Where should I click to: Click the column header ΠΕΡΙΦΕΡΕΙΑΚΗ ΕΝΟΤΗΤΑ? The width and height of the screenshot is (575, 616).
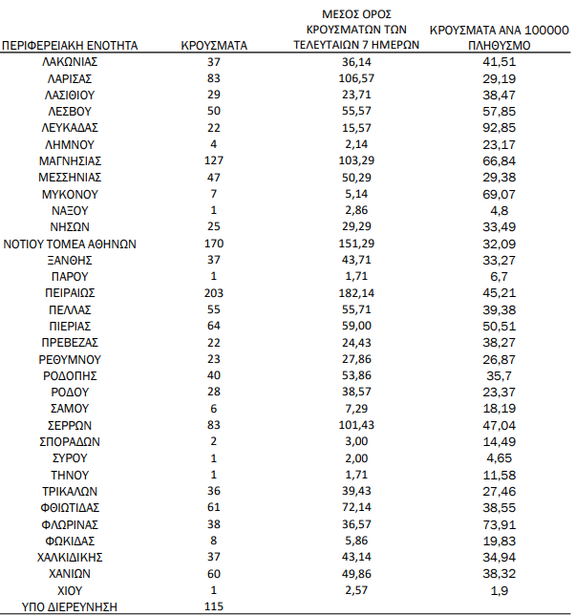[71, 45]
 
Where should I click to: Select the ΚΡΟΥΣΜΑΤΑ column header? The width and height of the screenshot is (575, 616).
[214, 45]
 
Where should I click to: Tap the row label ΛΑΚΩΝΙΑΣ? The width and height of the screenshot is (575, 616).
[71, 61]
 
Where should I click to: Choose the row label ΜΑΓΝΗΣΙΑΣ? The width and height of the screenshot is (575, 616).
[71, 159]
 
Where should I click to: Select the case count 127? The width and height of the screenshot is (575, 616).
[214, 159]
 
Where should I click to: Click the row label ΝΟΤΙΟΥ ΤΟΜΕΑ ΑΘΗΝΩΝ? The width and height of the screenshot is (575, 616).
[71, 243]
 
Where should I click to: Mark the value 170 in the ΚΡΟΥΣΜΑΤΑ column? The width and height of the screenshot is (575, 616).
[214, 243]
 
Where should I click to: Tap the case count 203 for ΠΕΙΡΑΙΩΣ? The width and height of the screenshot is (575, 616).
[214, 292]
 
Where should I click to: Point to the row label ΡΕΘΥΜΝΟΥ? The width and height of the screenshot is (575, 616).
[71, 358]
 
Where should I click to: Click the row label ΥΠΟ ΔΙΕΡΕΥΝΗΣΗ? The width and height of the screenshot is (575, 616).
[71, 606]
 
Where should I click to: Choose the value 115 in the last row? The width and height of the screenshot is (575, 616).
[214, 606]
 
